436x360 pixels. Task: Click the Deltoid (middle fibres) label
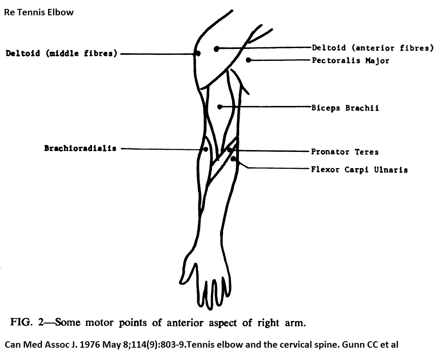click(61, 53)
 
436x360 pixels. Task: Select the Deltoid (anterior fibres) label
click(373, 48)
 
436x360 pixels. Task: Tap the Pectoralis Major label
click(351, 60)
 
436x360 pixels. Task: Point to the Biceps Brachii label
click(345, 108)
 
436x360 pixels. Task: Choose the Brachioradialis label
click(80, 148)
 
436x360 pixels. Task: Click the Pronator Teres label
click(345, 152)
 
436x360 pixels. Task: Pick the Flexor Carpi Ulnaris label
click(359, 170)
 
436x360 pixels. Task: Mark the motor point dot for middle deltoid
click(198, 53)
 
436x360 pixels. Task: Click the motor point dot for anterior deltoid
click(217, 49)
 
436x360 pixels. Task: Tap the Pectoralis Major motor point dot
click(249, 60)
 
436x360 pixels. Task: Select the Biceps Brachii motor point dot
click(220, 107)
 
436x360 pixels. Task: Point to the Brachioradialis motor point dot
click(206, 149)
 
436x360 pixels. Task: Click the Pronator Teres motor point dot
click(229, 150)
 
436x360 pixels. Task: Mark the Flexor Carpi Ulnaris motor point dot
click(233, 159)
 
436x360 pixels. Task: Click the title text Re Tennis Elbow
click(39, 12)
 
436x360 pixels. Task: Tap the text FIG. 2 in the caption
click(27, 322)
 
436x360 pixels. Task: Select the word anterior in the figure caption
click(185, 323)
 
